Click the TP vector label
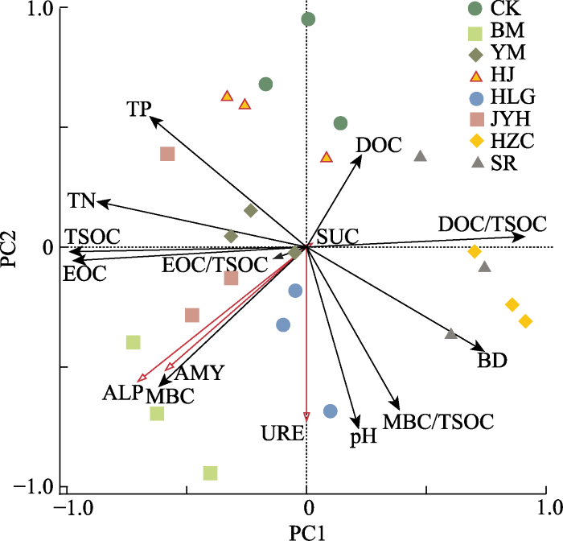pyautogui.click(x=139, y=109)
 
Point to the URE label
pyautogui.click(x=282, y=434)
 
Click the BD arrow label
pyautogui.click(x=492, y=361)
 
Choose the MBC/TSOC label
pyautogui.click(x=438, y=420)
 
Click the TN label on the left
pyautogui.click(x=81, y=199)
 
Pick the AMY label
pyautogui.click(x=199, y=373)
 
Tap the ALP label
pyautogui.click(x=122, y=393)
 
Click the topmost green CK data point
pyautogui.click(x=308, y=19)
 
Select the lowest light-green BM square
pyautogui.click(x=210, y=473)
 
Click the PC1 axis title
pyautogui.click(x=306, y=531)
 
